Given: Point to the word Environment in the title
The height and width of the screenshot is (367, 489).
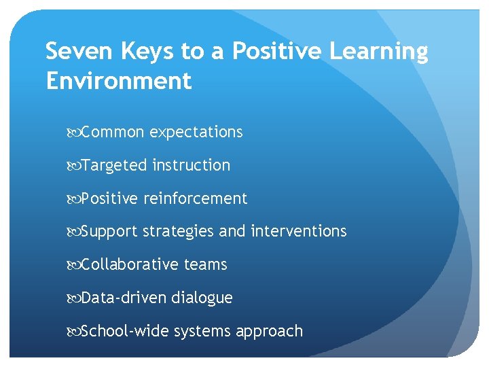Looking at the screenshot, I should [119, 81].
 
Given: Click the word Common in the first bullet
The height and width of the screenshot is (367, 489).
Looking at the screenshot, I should [113, 132].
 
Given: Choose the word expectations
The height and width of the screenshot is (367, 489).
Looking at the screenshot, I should [196, 132].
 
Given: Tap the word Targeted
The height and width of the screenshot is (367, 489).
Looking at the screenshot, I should [114, 165].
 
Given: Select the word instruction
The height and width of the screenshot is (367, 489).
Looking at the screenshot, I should [192, 165].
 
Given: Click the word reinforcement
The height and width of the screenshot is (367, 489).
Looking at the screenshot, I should [196, 198].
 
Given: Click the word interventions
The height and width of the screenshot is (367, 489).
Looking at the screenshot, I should [299, 232].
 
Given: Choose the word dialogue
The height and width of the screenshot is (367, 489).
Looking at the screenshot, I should [202, 298].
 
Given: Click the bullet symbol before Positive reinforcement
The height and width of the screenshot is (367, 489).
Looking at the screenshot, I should [75, 199].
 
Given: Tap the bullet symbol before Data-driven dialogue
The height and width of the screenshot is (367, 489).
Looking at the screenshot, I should [75, 298].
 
